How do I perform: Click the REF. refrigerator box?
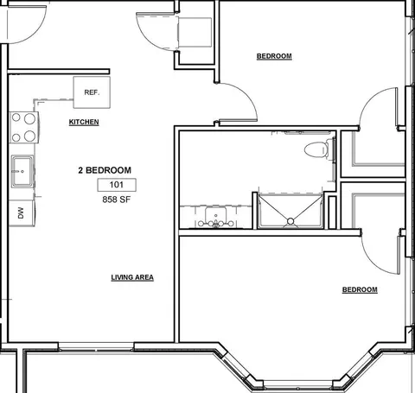[92, 92]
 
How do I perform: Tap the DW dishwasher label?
[21, 213]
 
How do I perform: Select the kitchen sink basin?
[22, 171]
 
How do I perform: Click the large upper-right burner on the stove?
[29, 118]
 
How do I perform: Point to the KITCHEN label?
[84, 122]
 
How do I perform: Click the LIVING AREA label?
[132, 277]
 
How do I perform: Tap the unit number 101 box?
[117, 185]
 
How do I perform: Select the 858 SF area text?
[117, 200]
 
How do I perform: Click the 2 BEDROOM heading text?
[105, 170]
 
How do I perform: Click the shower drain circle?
[290, 221]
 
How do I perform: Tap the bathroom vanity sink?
[215, 216]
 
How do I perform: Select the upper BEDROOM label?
[274, 56]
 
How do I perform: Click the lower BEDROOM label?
[360, 289]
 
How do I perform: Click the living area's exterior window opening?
[96, 346]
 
